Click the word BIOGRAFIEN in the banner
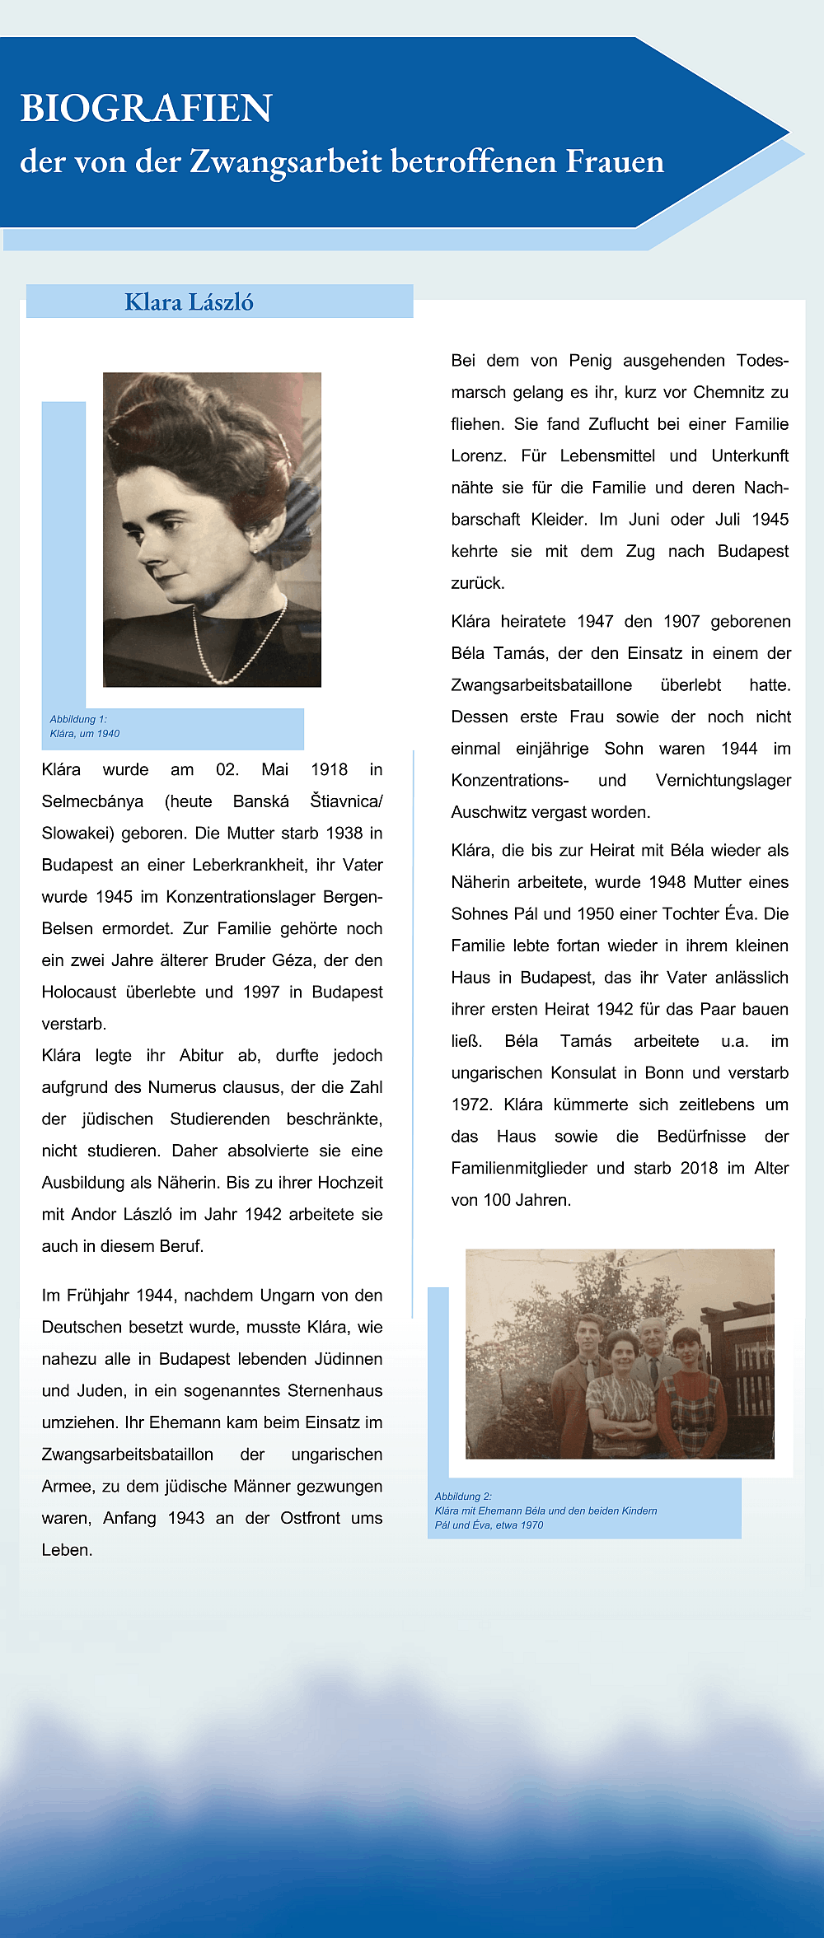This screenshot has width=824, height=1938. click(x=146, y=108)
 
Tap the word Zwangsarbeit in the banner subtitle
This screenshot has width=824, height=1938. click(x=288, y=161)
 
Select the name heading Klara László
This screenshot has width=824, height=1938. click(x=189, y=302)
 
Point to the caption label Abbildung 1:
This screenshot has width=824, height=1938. click(x=78, y=719)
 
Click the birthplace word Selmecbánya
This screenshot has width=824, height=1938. click(x=92, y=801)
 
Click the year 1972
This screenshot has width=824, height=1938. click(x=472, y=1104)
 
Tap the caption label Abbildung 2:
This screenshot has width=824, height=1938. click(x=463, y=1497)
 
